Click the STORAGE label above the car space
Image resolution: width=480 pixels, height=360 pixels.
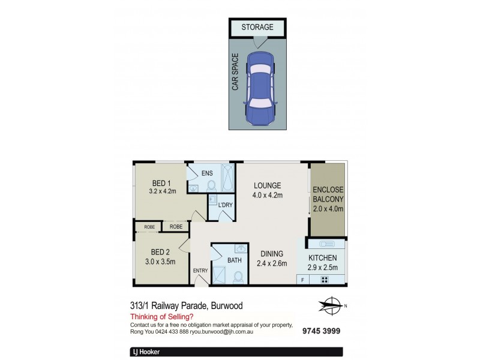(x=257, y=27)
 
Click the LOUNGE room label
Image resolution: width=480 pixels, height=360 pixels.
(x=267, y=185)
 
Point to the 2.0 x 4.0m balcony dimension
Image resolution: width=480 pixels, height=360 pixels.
(x=328, y=209)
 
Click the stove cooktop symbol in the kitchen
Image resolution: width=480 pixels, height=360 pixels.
(x=325, y=280)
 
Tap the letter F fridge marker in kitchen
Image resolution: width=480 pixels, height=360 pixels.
(x=302, y=280)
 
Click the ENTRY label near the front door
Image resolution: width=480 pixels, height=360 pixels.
(x=200, y=271)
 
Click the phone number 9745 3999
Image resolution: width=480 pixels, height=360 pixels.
(x=322, y=330)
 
